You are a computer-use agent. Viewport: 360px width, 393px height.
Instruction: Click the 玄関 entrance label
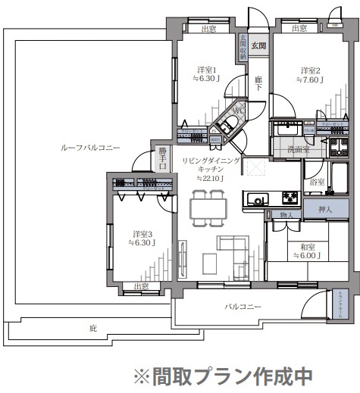tap(259, 47)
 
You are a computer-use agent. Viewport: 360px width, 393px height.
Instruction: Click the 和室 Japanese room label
tap(308, 246)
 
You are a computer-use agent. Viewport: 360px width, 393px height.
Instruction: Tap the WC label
tap(237, 111)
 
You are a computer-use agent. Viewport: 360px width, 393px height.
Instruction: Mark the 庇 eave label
tap(92, 329)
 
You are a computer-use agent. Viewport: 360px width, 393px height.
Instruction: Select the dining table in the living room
tap(207, 204)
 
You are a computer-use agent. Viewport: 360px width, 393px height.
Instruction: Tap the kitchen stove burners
tap(291, 198)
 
